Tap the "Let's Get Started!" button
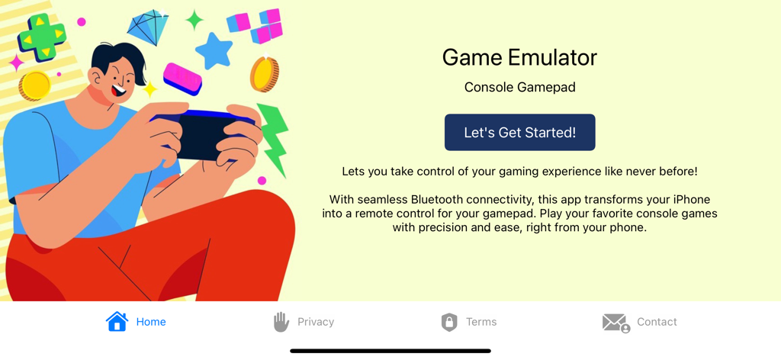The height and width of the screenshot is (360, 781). [519, 133]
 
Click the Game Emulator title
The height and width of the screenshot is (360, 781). [519, 57]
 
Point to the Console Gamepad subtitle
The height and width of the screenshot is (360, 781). [519, 87]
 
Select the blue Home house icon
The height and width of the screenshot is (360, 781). [117, 321]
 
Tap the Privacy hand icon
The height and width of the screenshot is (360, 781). [281, 322]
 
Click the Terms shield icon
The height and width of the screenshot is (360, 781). [449, 322]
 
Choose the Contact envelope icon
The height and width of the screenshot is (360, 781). [615, 323]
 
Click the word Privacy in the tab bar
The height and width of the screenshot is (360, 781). [316, 322]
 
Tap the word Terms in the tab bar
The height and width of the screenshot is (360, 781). [481, 322]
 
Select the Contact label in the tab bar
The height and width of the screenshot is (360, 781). [657, 322]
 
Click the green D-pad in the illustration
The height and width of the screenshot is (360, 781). [41, 37]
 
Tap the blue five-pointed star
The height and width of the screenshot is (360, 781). [214, 51]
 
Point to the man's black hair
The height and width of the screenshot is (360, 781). [122, 55]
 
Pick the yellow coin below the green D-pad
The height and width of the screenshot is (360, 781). [34, 85]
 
